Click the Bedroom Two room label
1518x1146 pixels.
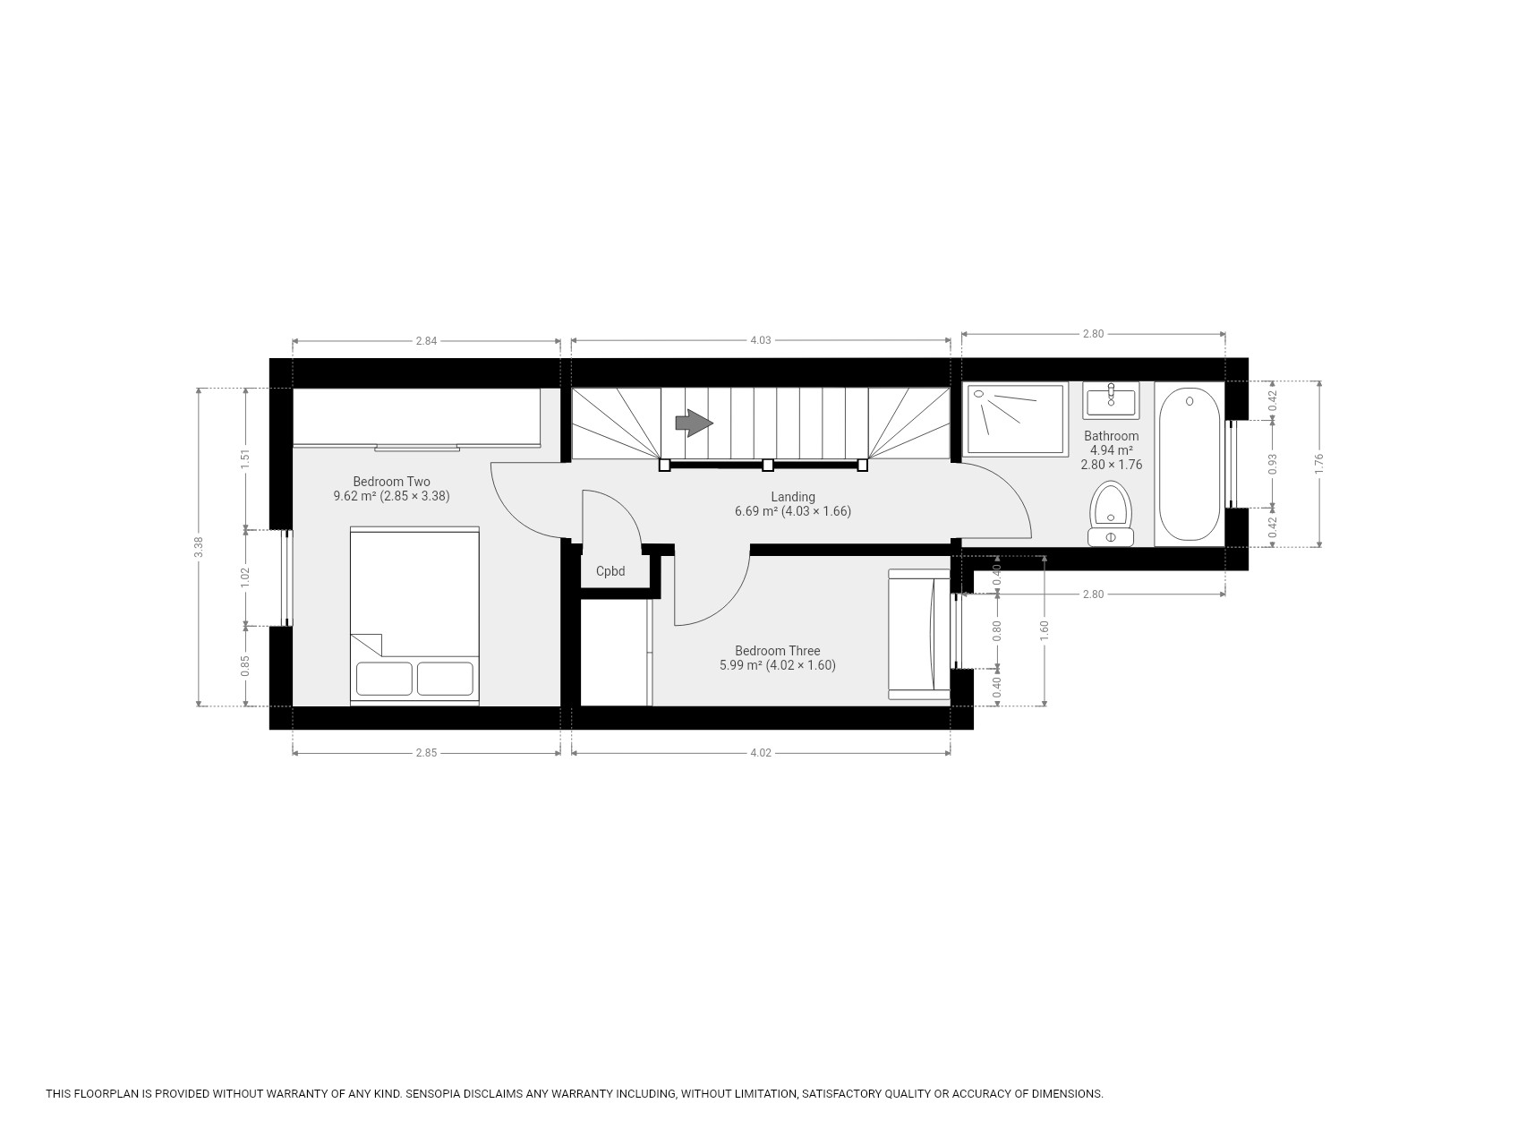(x=391, y=482)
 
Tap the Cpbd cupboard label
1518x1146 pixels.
(x=610, y=571)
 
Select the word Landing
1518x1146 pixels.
(x=793, y=497)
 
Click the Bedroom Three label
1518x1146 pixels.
(x=777, y=651)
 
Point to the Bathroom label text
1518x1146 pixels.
(x=1112, y=436)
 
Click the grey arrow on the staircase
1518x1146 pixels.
(x=694, y=423)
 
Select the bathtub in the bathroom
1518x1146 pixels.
(x=1190, y=464)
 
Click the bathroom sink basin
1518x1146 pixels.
(x=1111, y=400)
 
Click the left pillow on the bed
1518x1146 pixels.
(x=384, y=679)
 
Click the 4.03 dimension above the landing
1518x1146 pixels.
(x=760, y=340)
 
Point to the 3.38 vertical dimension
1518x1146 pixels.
(x=199, y=547)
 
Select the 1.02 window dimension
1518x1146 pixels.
(x=245, y=577)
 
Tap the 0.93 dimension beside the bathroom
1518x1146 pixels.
(x=1273, y=464)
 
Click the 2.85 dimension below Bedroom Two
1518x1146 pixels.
(x=426, y=753)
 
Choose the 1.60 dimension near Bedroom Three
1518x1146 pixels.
(x=1045, y=631)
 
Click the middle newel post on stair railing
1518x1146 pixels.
(x=768, y=465)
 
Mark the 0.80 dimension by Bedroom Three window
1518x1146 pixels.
(x=998, y=631)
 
